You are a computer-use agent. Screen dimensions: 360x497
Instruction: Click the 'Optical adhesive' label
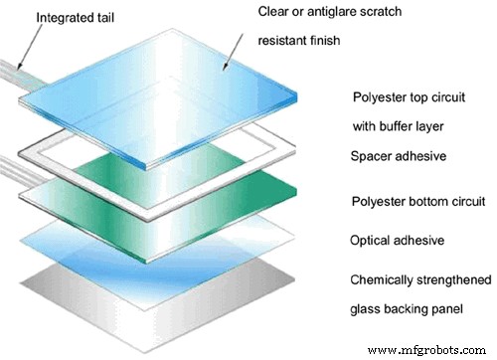[x=397, y=241]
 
